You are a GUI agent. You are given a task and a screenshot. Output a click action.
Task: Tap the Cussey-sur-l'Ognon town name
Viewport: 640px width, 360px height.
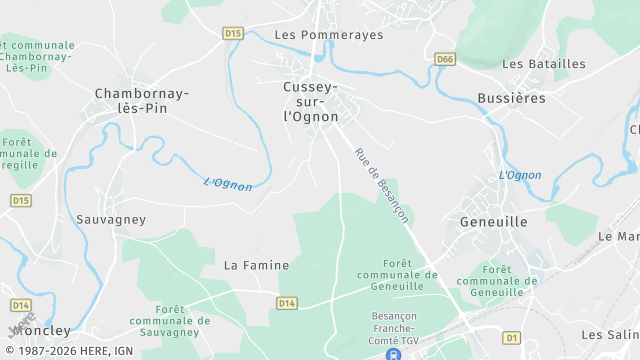coord(311,102)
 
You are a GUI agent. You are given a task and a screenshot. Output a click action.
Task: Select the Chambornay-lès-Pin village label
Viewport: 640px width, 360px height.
coord(141,100)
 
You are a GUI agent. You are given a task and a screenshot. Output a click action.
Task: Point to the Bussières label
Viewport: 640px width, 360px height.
coord(512,98)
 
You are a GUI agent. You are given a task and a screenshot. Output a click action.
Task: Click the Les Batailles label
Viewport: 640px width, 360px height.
coord(544,64)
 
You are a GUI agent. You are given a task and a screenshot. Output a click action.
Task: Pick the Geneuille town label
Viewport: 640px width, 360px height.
coord(493,222)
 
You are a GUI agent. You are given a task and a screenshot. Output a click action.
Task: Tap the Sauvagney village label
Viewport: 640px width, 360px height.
coord(111,219)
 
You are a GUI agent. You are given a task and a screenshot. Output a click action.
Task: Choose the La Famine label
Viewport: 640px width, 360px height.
coord(256,265)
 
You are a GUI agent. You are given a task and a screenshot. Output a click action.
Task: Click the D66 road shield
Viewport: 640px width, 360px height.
coord(445,60)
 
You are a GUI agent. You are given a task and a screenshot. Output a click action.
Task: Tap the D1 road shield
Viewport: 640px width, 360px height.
coord(512,338)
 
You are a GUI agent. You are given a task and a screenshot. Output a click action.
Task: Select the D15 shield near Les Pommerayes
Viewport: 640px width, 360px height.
coord(233,33)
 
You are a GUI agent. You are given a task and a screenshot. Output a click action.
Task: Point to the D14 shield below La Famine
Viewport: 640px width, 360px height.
coord(287,303)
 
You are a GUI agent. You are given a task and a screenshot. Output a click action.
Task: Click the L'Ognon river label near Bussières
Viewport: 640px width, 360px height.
coord(520,176)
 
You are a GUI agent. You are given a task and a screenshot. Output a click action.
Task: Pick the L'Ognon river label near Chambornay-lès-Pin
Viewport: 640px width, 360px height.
coord(228,184)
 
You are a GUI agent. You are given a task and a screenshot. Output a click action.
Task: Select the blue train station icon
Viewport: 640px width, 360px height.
coord(394,353)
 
